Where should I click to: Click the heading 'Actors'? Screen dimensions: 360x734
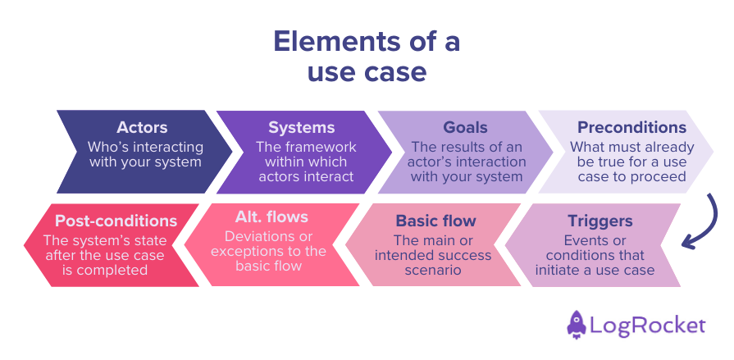point(142,127)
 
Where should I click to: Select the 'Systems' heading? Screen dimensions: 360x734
point(302,127)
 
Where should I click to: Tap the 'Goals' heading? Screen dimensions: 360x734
point(465,127)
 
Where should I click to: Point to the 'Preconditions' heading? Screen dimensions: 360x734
point(631,127)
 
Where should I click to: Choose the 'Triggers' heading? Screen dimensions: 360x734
point(600,221)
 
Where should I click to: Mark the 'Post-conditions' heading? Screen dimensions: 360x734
point(116,221)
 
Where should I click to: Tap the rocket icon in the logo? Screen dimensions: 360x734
point(577,325)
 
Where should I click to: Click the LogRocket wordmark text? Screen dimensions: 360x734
point(649,326)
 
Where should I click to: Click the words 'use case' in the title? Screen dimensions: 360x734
point(367,72)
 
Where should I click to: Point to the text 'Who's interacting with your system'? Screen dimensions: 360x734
point(145,154)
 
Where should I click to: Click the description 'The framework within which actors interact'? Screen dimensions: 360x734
point(304,162)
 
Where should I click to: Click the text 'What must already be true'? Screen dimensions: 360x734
point(631,154)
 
